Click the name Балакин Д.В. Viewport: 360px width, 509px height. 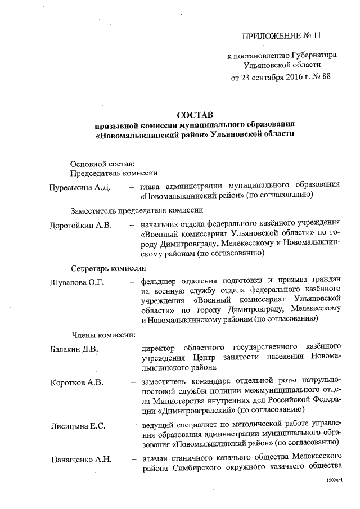click(x=74, y=349)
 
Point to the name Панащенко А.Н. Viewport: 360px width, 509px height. click(x=80, y=459)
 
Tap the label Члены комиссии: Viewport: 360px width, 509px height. click(x=102, y=336)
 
